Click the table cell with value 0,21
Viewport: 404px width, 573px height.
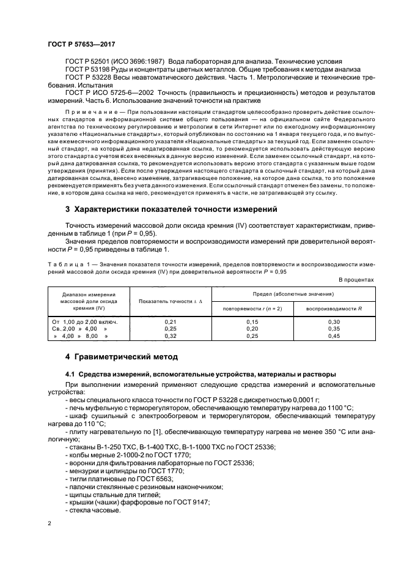click(171, 321)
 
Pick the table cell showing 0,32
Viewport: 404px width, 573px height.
click(171, 336)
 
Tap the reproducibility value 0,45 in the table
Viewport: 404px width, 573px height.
click(334, 336)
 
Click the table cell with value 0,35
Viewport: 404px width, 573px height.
click(334, 329)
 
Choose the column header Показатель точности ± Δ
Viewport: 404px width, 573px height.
click(170, 301)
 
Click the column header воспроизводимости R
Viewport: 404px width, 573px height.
click(334, 307)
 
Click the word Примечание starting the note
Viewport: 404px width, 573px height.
click(87, 114)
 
